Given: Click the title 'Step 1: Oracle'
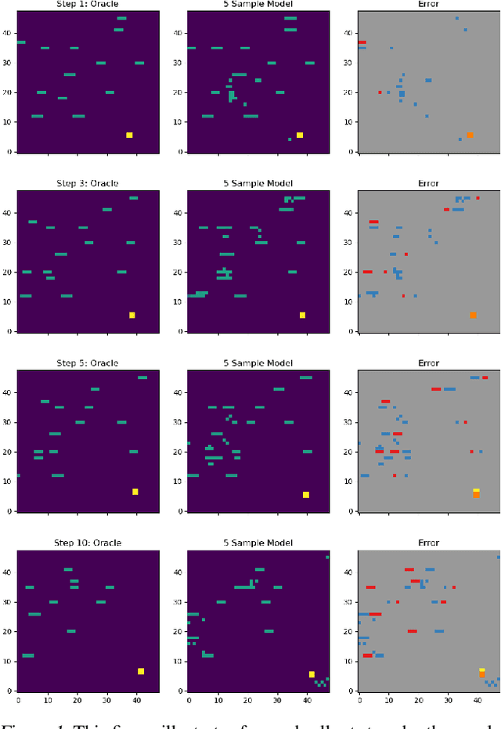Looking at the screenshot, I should coord(87,4).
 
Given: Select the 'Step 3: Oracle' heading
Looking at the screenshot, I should coord(87,183).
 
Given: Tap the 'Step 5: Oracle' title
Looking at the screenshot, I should coord(87,363).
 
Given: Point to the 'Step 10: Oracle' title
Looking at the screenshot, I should coord(87,543).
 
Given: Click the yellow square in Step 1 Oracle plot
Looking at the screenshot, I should coord(129,135).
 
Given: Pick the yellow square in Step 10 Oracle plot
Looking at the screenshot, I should coord(141,671).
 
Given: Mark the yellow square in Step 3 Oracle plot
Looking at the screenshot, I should coord(132,315).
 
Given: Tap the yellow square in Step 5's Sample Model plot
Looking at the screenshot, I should coord(306,494).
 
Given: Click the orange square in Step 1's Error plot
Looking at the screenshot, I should coord(470,135).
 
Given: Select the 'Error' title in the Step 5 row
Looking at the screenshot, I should coord(428,363).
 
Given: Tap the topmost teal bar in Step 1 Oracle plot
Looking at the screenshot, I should coord(121,18).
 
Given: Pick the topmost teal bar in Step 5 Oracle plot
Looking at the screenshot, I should coord(142,377).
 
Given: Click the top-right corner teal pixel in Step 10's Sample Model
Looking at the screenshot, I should coord(328,557).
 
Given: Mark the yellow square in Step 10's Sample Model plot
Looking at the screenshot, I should coord(312,674).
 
